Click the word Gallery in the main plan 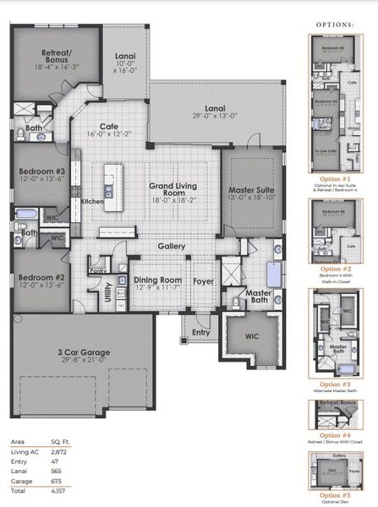pyautogui.click(x=170, y=247)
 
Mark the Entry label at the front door pyautogui.click(x=200, y=332)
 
